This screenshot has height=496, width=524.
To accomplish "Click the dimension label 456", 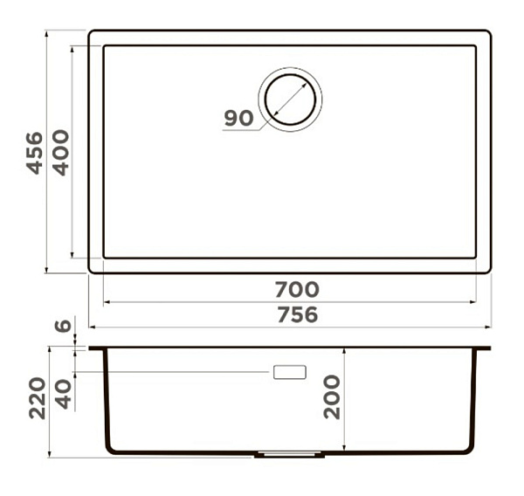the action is [x=35, y=153].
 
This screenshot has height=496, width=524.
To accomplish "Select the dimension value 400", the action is [x=61, y=153].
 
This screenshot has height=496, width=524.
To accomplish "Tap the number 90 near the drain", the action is [x=238, y=118].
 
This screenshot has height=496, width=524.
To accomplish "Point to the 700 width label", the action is [x=297, y=289].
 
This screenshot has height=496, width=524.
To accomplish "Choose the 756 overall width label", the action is [x=298, y=315].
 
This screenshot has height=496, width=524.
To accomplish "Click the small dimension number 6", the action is [x=63, y=327].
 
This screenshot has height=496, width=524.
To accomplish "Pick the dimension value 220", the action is [x=37, y=398].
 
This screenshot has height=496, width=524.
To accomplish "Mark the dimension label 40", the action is [x=63, y=395].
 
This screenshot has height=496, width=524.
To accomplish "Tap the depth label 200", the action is [x=332, y=397].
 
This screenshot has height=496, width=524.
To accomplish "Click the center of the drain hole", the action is [x=290, y=100].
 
